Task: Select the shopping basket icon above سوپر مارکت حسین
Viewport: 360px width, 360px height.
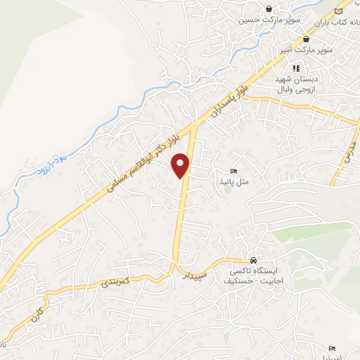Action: click(x=269, y=9)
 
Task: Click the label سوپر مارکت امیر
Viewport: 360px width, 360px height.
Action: click(x=306, y=51)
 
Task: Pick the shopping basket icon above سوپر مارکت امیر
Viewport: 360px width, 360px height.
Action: click(x=306, y=39)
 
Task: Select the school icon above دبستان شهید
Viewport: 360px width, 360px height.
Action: click(x=296, y=68)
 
